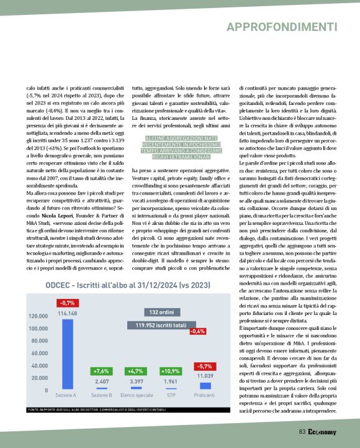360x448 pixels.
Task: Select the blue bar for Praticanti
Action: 205,386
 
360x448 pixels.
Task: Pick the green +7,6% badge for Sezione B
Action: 101,371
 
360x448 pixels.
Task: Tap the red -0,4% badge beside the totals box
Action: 197,331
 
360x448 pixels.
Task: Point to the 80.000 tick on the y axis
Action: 38,341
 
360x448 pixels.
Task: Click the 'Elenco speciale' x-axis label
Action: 137,395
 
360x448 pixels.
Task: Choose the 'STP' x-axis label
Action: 171,395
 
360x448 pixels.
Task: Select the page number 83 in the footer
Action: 302,431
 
